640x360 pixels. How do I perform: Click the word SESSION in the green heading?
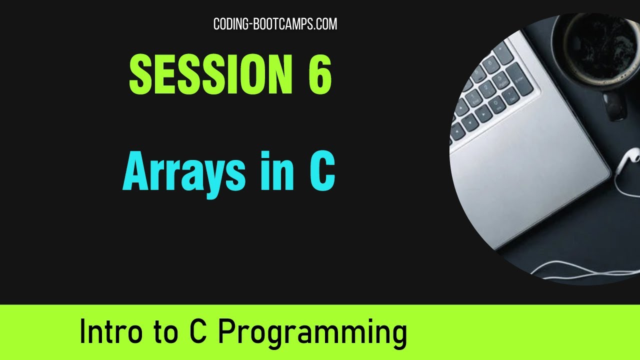pyautogui.click(x=210, y=74)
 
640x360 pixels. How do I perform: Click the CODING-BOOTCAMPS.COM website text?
pyautogui.click(x=275, y=24)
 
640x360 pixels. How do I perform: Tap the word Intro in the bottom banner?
pyautogui.click(x=112, y=332)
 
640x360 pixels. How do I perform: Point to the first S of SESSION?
pyautogui.click(x=141, y=74)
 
